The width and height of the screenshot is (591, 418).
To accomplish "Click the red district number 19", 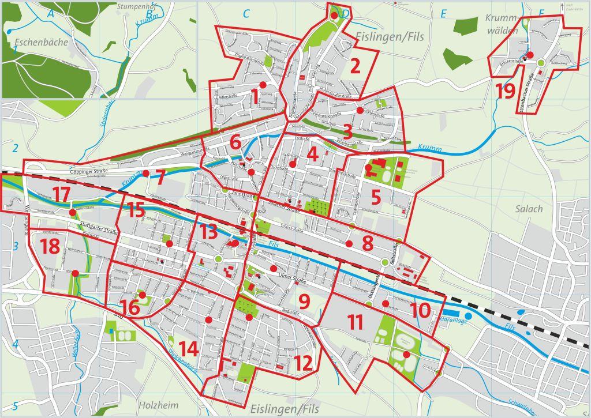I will (x=505, y=91).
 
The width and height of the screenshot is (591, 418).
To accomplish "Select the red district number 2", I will (x=355, y=65).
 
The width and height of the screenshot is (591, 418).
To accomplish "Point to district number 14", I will (x=189, y=348).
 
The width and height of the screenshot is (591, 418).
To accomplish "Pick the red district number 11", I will (x=355, y=322).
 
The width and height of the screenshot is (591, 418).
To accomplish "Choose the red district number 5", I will (x=376, y=197).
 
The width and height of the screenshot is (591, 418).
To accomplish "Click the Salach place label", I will (x=529, y=209).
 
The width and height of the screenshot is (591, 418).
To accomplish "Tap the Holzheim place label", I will (x=158, y=405).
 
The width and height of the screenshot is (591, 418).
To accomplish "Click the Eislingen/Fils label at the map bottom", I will (x=285, y=409).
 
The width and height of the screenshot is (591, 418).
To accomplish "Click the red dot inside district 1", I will (x=263, y=85).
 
